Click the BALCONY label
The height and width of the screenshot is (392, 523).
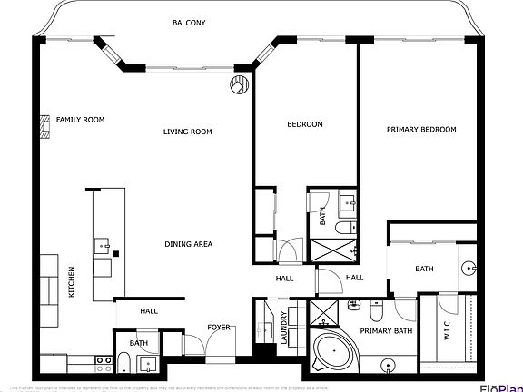pyautogui.click(x=188, y=23)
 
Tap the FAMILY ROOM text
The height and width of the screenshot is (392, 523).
pyautogui.click(x=80, y=120)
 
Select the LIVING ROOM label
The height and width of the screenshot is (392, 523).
pyautogui.click(x=187, y=132)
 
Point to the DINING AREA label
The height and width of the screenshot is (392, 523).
pyautogui.click(x=188, y=244)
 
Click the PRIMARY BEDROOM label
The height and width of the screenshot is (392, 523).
pyautogui.click(x=420, y=130)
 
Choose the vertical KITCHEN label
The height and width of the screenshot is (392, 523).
pyautogui.click(x=72, y=282)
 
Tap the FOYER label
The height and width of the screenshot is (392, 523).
pyautogui.click(x=218, y=327)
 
